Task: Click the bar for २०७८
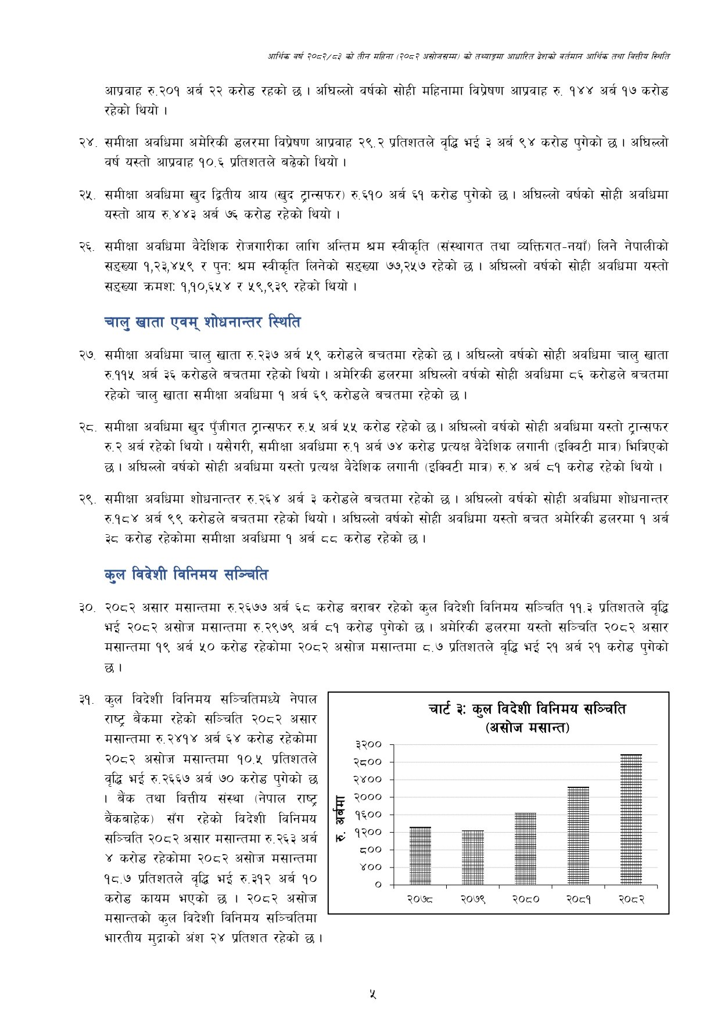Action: click(420, 855)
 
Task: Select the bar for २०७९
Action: click(472, 857)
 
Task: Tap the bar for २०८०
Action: click(525, 848)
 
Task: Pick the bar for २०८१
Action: click(578, 836)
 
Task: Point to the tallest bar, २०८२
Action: click(630, 819)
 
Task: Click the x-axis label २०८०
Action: click(525, 899)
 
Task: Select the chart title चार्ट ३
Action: click(527, 709)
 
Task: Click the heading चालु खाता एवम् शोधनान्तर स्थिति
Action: click(203, 322)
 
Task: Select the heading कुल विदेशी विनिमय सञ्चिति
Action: click(186, 575)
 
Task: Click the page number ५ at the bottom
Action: click(372, 993)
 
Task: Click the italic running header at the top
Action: click(468, 56)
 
